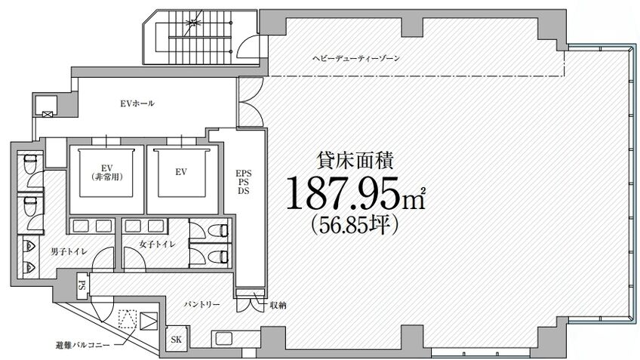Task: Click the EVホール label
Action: pyautogui.click(x=137, y=103)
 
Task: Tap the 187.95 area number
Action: pyautogui.click(x=344, y=193)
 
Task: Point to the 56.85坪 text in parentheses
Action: pyautogui.click(x=354, y=224)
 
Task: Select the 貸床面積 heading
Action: pyautogui.click(x=355, y=161)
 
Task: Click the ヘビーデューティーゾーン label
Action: pyautogui.click(x=356, y=58)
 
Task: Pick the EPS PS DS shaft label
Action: pyautogui.click(x=244, y=182)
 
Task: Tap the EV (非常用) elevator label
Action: pyautogui.click(x=107, y=173)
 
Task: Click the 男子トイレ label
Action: pyautogui.click(x=69, y=252)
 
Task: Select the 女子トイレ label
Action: pyautogui.click(x=157, y=245)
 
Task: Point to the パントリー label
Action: pyautogui.click(x=202, y=304)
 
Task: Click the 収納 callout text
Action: pyautogui.click(x=278, y=306)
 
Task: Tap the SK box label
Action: pyautogui.click(x=177, y=339)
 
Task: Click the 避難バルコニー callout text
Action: pyautogui.click(x=82, y=346)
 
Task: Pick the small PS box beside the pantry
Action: pyautogui.click(x=82, y=284)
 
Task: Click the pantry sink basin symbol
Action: pyautogui.click(x=223, y=339)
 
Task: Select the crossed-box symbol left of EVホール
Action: pyautogui.click(x=48, y=115)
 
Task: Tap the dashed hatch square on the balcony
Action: pyautogui.click(x=128, y=318)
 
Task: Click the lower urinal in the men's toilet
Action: pyautogui.click(x=29, y=268)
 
